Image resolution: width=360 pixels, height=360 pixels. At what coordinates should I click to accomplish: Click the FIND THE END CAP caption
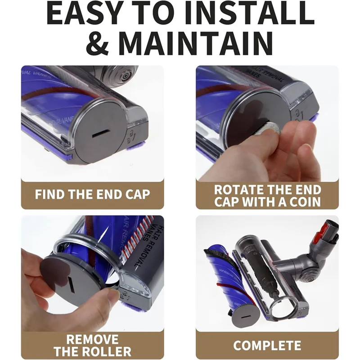tap(92, 194)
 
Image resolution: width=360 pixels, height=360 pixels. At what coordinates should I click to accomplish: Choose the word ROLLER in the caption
tap(104, 351)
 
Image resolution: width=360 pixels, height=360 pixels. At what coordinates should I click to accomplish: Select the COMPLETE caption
tap(267, 345)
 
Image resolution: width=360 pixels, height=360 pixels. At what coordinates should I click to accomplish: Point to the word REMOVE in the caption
tap(92, 339)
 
